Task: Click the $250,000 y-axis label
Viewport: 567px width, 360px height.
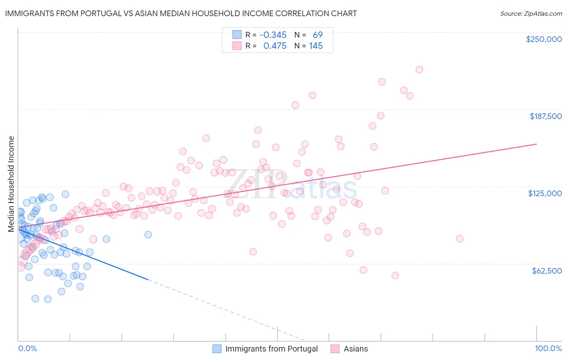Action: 544,39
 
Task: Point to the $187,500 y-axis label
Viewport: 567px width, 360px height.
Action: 545,116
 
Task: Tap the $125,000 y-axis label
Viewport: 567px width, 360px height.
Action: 545,193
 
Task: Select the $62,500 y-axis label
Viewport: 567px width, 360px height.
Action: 546,271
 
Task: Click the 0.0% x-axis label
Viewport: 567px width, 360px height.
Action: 27,348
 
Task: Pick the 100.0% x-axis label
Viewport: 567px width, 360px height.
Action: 548,348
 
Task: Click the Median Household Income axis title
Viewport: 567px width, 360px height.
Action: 11,184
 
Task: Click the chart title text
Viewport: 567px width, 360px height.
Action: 181,13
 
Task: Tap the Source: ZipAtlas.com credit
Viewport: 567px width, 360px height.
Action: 531,13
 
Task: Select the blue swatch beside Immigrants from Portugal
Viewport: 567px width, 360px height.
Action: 217,349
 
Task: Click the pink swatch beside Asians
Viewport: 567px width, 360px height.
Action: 335,349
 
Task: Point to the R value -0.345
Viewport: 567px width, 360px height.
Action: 273,35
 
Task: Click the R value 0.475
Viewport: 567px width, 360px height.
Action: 275,46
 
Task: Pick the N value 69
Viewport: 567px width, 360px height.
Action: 318,35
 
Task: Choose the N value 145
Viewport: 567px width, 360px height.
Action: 316,46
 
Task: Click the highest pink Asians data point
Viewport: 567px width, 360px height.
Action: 419,69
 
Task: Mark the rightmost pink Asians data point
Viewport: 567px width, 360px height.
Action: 459,239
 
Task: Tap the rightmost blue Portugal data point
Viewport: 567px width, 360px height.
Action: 148,234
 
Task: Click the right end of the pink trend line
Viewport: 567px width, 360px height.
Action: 536,144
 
